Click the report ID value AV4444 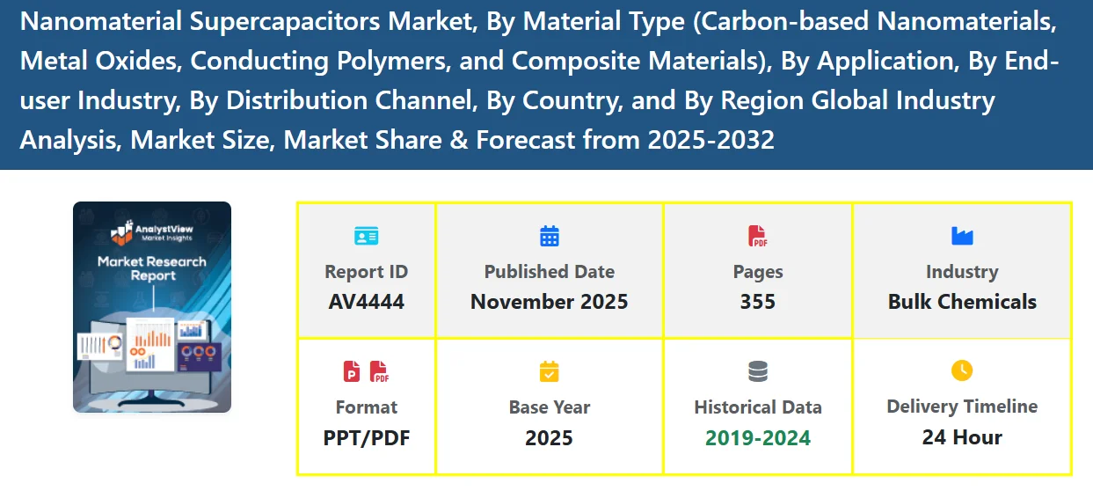coord(366,302)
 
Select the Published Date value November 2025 coord(549,302)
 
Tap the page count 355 coord(757,302)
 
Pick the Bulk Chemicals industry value coord(962,302)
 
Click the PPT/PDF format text coord(366,437)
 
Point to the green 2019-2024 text coord(757,437)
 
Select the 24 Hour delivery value coord(962,437)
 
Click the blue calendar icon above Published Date coord(550,236)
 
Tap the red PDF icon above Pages coord(757,236)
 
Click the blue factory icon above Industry coord(962,236)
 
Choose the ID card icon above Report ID coord(366,236)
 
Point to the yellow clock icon coord(962,370)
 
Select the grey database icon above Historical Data coord(757,372)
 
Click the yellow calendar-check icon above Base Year coord(550,372)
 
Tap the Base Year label coord(549,407)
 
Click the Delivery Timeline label coord(962,407)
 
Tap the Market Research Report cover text coord(151,268)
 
